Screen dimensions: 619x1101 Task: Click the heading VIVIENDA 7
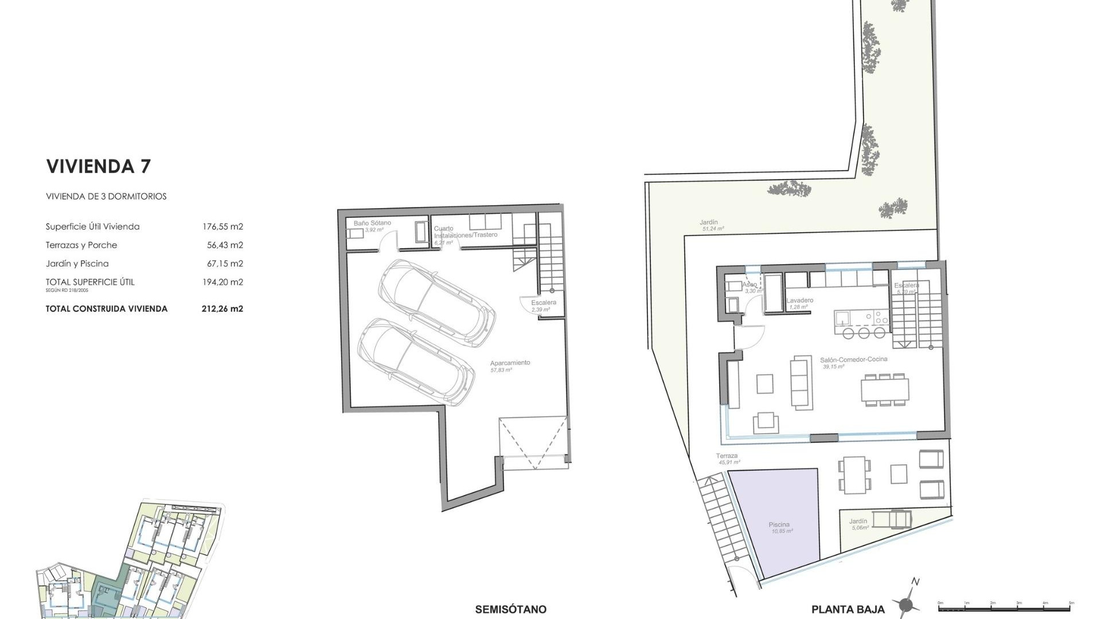click(x=98, y=166)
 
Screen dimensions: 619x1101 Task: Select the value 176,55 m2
click(x=222, y=226)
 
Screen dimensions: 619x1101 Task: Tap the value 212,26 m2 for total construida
click(x=222, y=308)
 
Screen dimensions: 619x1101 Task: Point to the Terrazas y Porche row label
click(x=81, y=245)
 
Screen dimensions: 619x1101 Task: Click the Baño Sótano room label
click(x=372, y=223)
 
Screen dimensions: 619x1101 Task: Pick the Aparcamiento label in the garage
click(x=510, y=363)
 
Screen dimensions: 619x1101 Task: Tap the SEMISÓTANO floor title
click(x=510, y=609)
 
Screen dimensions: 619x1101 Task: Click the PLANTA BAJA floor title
click(x=848, y=609)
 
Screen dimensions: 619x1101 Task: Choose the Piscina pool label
click(x=779, y=524)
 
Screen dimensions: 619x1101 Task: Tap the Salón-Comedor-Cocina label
click(x=853, y=359)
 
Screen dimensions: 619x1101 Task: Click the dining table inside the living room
click(x=884, y=390)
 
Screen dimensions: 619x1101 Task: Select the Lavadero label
click(x=799, y=300)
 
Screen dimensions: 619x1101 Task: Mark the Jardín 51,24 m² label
click(x=709, y=222)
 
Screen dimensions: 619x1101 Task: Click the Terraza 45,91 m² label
click(x=727, y=456)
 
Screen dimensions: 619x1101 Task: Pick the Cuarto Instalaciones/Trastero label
click(x=465, y=232)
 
